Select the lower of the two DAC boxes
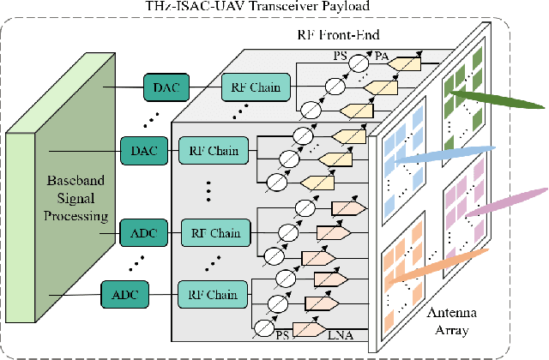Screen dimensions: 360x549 point(138,150)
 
